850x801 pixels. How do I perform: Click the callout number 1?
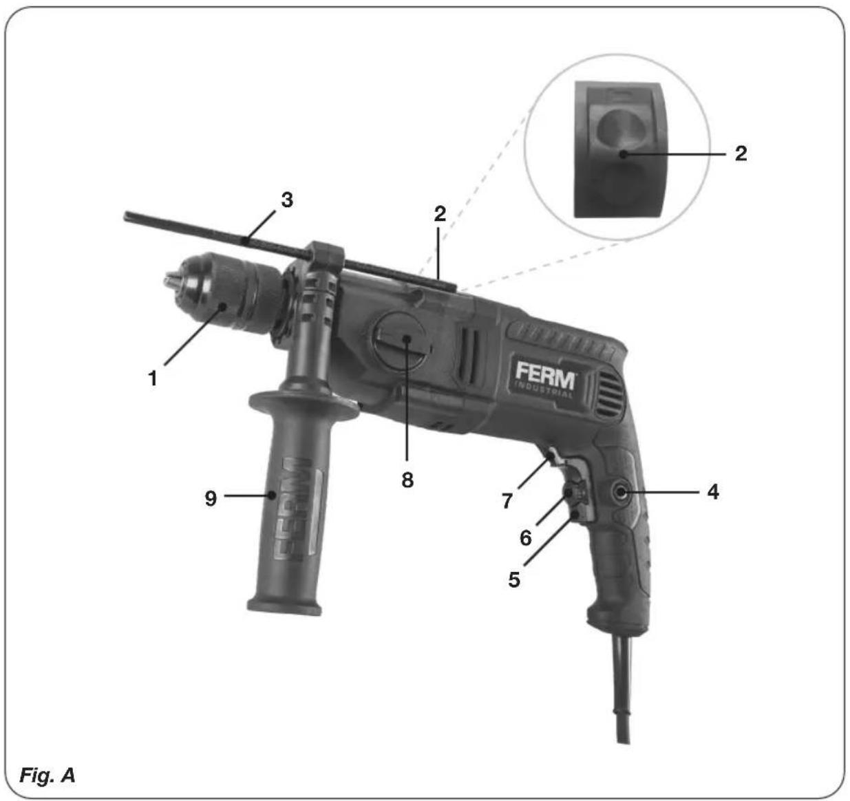pos(152,378)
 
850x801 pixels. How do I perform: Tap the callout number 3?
pos(287,200)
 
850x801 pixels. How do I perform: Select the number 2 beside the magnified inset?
pos(741,153)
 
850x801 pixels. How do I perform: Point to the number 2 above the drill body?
pos(440,214)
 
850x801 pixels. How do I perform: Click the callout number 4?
pos(712,492)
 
